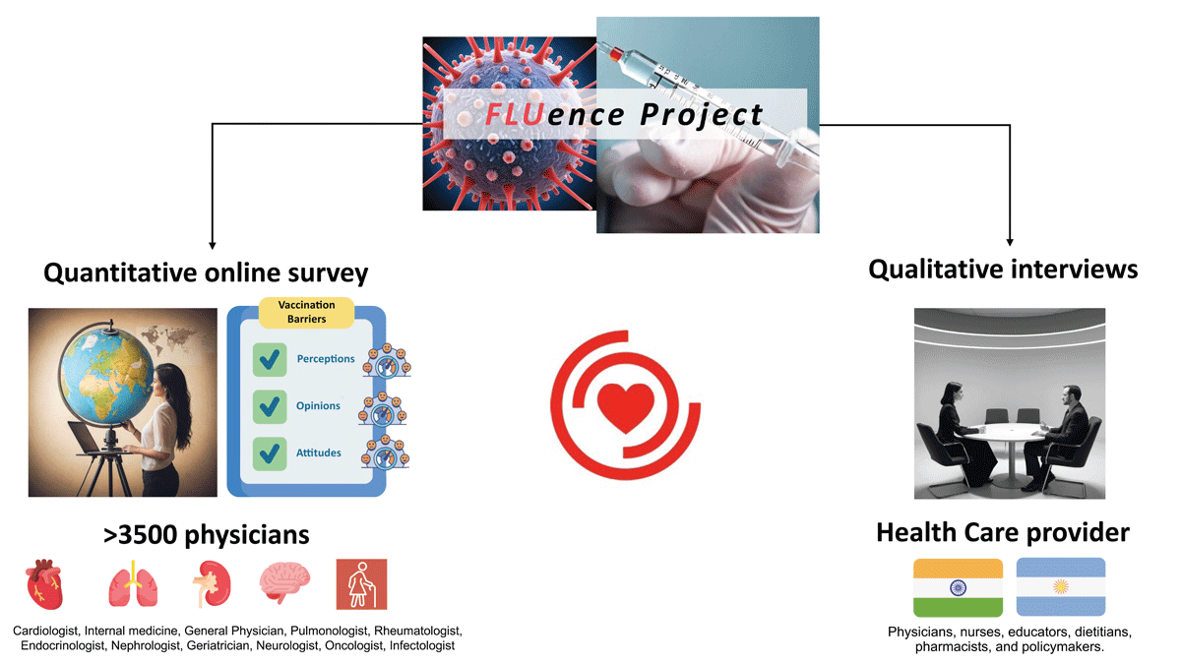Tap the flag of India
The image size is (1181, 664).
coord(958,587)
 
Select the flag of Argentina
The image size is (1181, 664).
coord(1061,587)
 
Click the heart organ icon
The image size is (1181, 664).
coord(45,584)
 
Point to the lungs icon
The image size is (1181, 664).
coord(133,583)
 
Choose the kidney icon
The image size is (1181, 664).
coord(212,584)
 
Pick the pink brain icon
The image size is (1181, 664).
coord(284,582)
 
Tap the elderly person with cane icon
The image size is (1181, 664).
coord(362,584)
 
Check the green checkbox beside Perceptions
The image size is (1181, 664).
coord(270,359)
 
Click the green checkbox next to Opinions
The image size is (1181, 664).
coord(270,406)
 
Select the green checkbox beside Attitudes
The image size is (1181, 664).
coord(270,453)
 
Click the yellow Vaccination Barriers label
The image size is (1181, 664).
coord(306,312)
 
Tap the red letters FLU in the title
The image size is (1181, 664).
coord(514,114)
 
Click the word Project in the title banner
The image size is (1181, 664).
coord(701,115)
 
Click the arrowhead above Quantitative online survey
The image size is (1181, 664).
coord(212,246)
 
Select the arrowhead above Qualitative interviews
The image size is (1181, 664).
coord(1010,242)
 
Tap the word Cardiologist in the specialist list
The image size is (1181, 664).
coord(46,631)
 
